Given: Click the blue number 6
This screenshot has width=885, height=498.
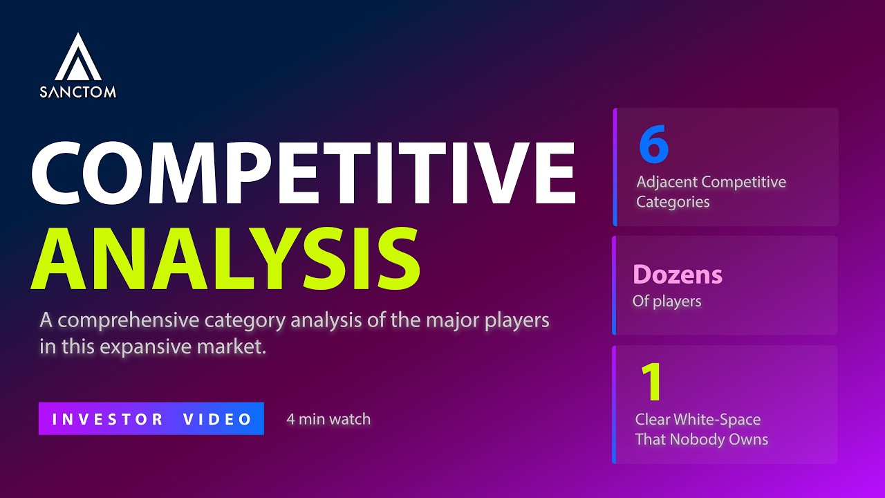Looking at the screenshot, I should point(653,146).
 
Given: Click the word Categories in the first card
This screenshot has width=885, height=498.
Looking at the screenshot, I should point(673,202).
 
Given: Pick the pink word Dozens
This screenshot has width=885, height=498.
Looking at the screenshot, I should point(678,275).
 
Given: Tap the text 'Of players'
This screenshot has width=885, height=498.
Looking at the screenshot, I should point(667,301).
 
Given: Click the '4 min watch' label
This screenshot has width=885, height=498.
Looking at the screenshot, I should point(328,418).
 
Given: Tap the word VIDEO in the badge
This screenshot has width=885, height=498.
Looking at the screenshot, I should point(218,419).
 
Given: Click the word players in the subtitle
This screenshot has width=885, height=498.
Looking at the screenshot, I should point(512,321).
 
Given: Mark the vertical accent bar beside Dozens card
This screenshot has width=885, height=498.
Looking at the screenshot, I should point(614,285).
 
